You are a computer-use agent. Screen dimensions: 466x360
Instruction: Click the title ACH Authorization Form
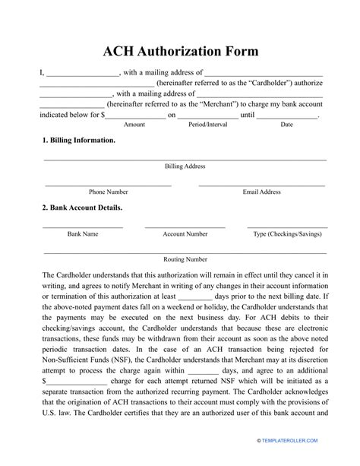[181, 51]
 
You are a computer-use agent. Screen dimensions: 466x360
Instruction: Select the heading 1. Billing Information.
[79, 141]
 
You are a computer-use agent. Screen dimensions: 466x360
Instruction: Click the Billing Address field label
[185, 166]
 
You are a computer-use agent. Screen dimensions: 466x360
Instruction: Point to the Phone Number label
[108, 192]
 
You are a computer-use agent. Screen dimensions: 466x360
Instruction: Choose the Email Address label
[262, 192]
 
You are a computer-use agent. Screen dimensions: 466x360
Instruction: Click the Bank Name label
[82, 235]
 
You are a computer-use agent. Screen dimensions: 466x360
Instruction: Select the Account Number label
[185, 235]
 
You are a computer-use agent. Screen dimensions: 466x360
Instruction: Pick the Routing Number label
[185, 259]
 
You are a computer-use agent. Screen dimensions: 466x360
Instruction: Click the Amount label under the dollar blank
[134, 124]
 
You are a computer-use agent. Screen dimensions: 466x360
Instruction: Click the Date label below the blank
[287, 124]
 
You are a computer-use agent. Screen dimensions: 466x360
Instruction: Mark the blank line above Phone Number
[108, 185]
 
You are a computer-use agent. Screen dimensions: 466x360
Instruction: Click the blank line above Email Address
[262, 185]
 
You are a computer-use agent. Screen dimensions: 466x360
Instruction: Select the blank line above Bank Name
[82, 227]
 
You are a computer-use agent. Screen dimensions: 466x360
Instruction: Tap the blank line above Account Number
[185, 227]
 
